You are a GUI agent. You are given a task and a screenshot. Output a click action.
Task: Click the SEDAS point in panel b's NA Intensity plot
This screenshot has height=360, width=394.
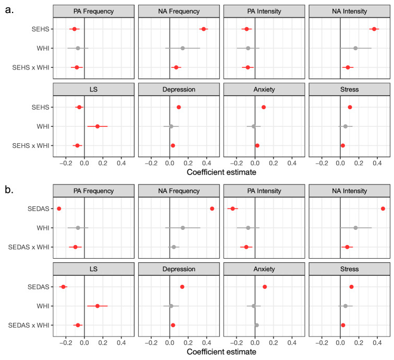tap(383, 208)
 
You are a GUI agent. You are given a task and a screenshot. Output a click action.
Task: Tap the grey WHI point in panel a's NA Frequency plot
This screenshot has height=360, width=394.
tap(183, 48)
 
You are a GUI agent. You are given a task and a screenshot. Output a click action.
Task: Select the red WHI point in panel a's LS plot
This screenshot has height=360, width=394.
tap(97, 126)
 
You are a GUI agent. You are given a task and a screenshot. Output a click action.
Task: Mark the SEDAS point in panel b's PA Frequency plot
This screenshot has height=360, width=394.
tap(59, 208)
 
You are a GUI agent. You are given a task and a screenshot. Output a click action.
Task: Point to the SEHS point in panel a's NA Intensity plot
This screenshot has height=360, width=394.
tap(374, 29)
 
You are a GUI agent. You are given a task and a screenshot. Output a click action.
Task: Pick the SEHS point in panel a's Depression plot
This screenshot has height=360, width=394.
tap(178, 107)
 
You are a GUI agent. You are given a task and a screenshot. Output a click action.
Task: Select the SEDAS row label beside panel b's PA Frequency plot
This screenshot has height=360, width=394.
tap(38, 208)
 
